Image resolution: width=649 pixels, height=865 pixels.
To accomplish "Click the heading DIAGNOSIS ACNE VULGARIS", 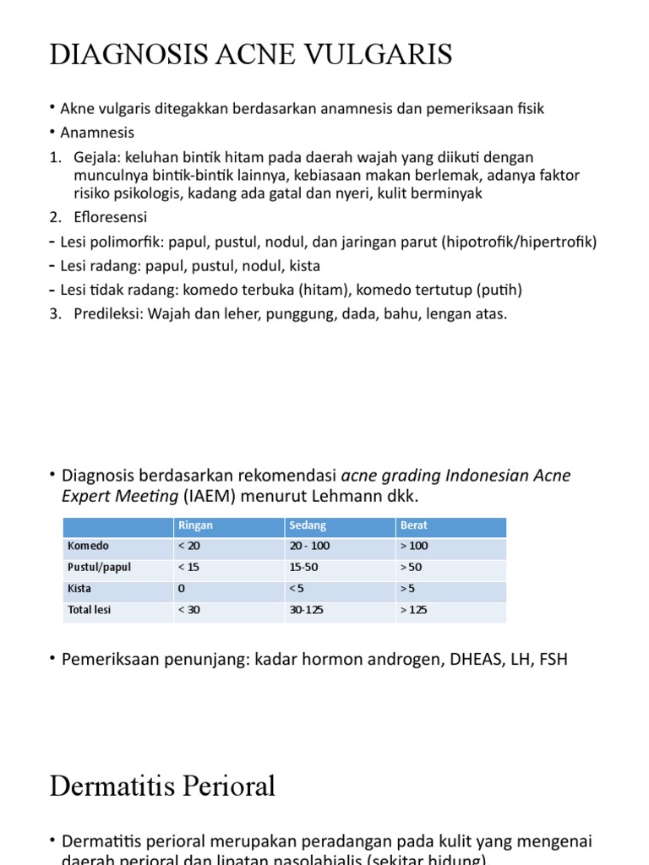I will (x=251, y=55).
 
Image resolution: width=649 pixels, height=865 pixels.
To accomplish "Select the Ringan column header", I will (x=195, y=525).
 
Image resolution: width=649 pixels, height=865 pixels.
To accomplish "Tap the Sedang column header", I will (x=308, y=525).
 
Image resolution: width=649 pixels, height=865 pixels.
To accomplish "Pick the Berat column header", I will (x=414, y=525).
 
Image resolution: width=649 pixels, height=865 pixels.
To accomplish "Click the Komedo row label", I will (x=89, y=547).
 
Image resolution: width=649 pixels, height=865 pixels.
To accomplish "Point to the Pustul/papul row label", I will (x=100, y=568).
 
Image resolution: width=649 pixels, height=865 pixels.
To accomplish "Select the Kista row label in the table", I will (x=80, y=589).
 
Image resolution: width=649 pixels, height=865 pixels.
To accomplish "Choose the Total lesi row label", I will (x=90, y=610).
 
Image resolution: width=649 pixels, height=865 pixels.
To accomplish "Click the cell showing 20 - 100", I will (x=309, y=547).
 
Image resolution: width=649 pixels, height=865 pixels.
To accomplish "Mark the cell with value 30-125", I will (x=306, y=610).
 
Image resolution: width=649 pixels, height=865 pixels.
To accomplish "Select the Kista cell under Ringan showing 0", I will (x=182, y=589).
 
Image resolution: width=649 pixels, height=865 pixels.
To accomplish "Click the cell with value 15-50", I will (x=303, y=568).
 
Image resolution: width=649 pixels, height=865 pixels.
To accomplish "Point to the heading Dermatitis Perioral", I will (x=162, y=786).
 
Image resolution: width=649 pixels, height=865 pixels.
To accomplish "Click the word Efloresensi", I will (x=95, y=217).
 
